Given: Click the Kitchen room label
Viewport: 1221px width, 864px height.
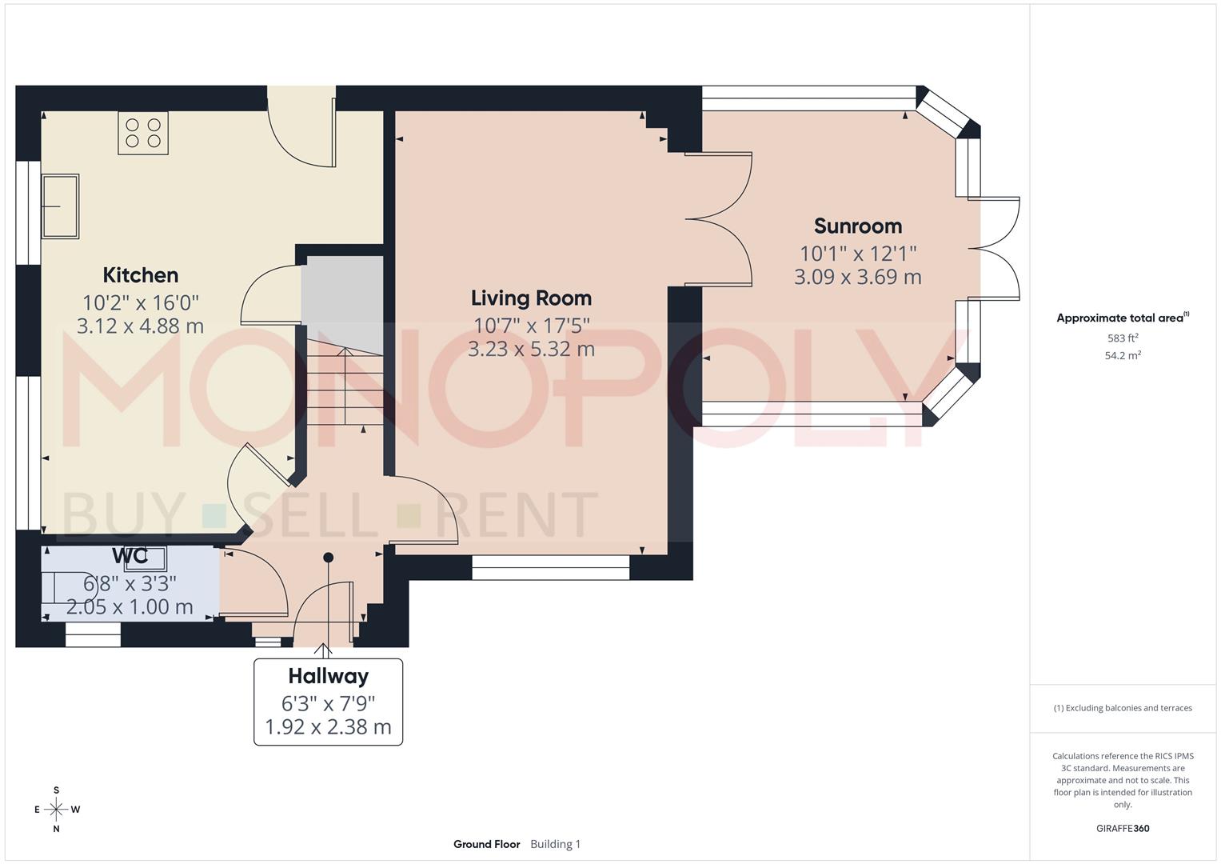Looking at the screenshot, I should [x=141, y=275].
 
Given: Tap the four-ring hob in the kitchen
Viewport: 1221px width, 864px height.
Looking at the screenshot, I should [x=143, y=133].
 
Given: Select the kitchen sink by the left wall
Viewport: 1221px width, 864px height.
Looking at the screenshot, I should [x=61, y=206].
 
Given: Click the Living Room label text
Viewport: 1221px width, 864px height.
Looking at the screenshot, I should [x=531, y=298].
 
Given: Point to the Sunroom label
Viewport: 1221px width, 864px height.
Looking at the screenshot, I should [x=857, y=226].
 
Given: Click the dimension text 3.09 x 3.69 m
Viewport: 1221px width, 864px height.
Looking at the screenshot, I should [x=857, y=278].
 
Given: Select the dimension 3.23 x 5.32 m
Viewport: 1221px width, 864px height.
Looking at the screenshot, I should [x=531, y=349].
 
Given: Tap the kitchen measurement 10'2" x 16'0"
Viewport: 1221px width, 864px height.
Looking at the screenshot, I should [x=141, y=302].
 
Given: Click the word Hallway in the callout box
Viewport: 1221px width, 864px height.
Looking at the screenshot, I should [x=328, y=677].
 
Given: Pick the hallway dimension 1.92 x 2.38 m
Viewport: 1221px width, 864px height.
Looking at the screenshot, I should [x=328, y=727].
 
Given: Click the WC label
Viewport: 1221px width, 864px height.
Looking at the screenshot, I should [x=130, y=556].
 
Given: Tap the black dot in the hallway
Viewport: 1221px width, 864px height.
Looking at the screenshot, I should [x=328, y=558].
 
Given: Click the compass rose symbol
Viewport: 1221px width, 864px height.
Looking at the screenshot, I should [x=56, y=810].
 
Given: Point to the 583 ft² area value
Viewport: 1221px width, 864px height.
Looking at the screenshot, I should [x=1123, y=338].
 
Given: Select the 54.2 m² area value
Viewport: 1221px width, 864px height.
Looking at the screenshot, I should [x=1123, y=356].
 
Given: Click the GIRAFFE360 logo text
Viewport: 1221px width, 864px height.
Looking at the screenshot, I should [x=1123, y=829].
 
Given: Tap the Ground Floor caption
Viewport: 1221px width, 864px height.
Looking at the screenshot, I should [x=486, y=844].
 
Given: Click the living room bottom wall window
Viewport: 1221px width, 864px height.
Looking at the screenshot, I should [x=551, y=573].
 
